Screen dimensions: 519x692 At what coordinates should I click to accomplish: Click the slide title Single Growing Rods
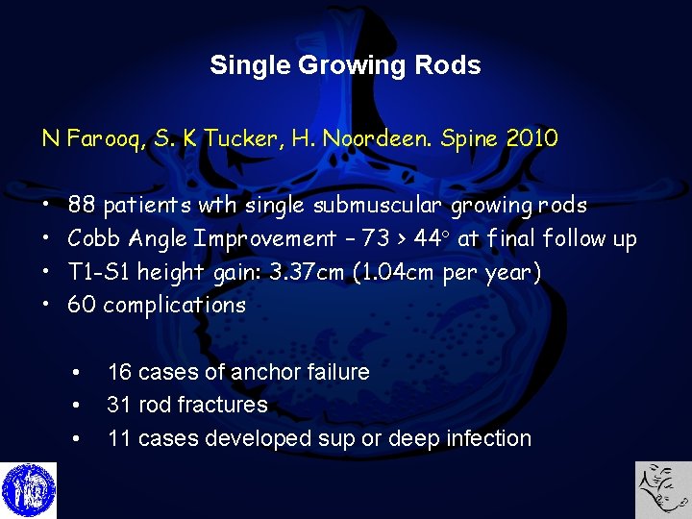[x=345, y=65]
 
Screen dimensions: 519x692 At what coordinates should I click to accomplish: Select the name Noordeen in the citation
[x=366, y=138]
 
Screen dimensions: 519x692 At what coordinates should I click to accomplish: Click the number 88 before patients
[x=82, y=205]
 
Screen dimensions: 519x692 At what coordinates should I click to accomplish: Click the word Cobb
[x=94, y=238]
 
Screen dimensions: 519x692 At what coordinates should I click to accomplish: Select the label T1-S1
[x=99, y=272]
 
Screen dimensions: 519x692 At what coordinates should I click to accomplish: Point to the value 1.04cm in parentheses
[x=397, y=272]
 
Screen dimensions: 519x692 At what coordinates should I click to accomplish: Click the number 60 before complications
[x=82, y=306]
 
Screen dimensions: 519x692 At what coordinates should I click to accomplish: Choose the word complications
[x=175, y=306]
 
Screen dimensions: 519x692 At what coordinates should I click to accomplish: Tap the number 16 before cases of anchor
[x=120, y=372]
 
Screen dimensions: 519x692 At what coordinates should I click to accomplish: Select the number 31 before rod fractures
[x=120, y=405]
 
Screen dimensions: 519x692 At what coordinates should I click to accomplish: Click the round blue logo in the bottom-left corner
[x=29, y=490]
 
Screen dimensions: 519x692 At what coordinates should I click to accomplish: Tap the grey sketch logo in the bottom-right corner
[x=663, y=490]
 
